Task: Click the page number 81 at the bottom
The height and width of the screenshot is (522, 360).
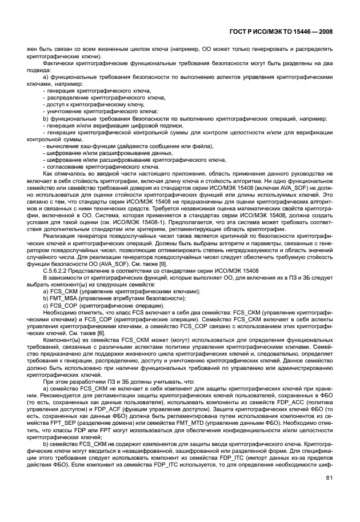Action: pos(329,479)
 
